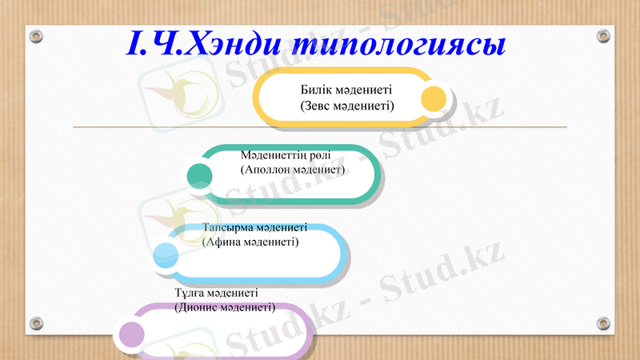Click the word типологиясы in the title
398,44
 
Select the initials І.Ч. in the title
154,42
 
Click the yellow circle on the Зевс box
434,98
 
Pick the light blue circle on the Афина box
166,255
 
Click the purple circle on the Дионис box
131,334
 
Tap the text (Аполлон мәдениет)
291,170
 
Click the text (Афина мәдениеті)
250,241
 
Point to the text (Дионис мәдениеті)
225,306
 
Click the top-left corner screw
36,37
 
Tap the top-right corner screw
603,37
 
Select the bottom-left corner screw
36,323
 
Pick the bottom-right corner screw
603,323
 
